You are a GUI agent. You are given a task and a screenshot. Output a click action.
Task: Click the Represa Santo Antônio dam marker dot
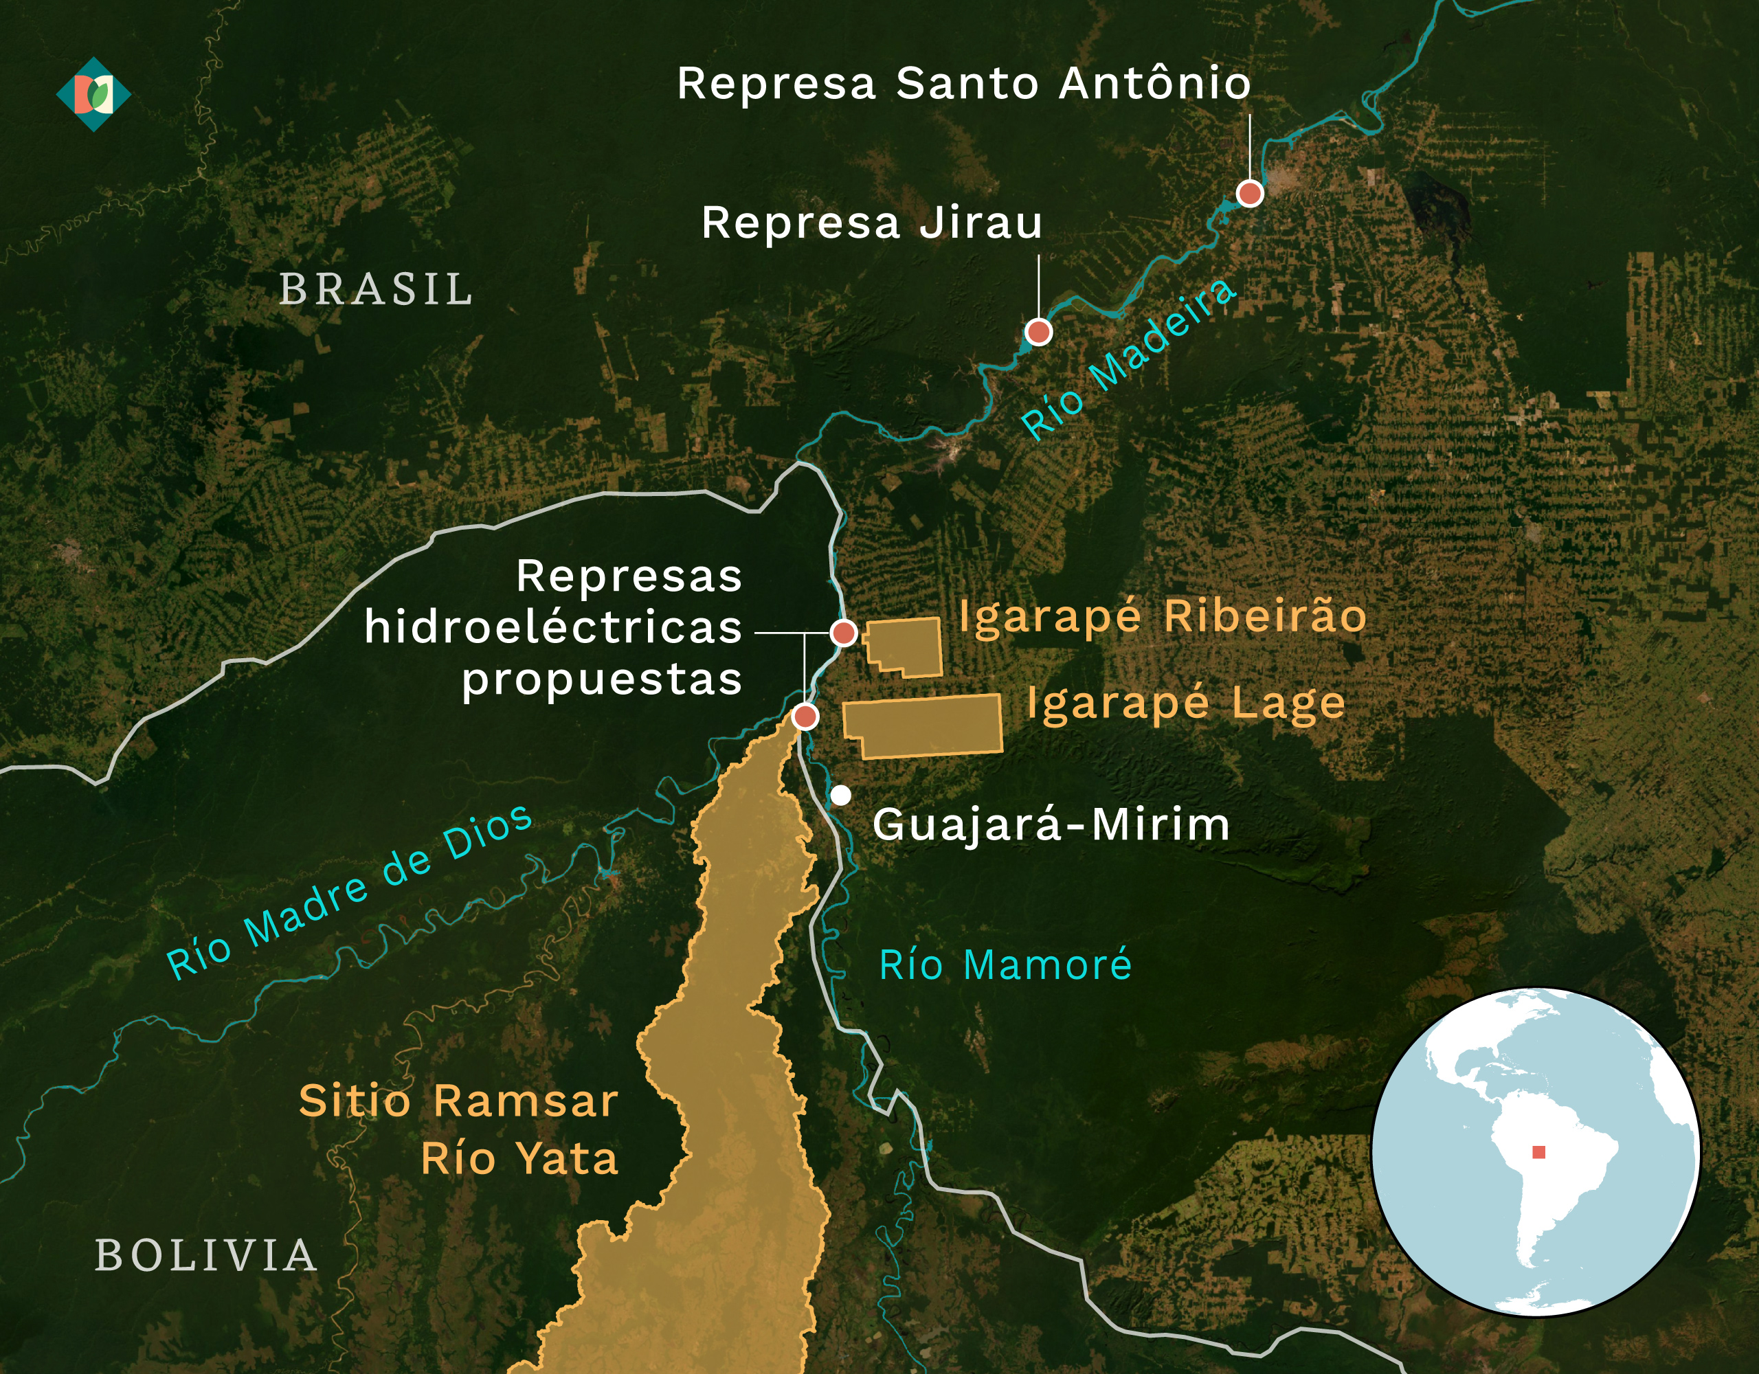coord(1249,193)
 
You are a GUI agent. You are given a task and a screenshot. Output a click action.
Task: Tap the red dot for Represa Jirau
coord(1038,332)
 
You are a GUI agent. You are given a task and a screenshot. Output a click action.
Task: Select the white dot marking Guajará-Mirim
coord(841,796)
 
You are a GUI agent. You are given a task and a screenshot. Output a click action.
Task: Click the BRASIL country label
coord(376,290)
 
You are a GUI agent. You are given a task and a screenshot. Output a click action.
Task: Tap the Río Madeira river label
coord(1128,359)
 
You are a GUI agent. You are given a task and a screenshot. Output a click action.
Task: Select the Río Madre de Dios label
coord(349,892)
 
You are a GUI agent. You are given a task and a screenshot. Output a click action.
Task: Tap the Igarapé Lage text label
coord(1185,704)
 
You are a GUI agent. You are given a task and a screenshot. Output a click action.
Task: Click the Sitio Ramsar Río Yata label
coord(459,1130)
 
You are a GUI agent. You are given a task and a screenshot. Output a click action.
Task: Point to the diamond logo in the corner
coord(93,94)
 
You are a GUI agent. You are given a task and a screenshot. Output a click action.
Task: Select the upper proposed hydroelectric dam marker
coord(843,633)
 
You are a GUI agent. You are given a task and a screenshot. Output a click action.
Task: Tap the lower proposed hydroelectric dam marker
coord(805,716)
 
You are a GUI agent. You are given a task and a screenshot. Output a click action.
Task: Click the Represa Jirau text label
coord(871,223)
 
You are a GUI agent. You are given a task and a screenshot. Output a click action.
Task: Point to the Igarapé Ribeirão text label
coord(1162,618)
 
